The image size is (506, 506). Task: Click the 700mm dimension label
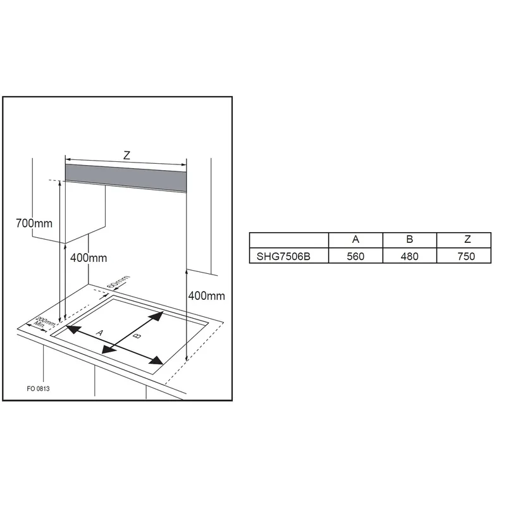click(34, 223)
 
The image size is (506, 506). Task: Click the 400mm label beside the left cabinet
click(89, 258)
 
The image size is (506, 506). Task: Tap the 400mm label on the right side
click(207, 295)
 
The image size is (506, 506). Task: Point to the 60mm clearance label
click(118, 281)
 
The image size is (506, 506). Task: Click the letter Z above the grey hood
click(127, 156)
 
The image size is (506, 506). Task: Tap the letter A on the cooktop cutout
click(100, 333)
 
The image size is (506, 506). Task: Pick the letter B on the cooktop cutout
click(137, 336)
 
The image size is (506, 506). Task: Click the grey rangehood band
click(126, 178)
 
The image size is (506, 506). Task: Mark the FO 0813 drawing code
click(38, 388)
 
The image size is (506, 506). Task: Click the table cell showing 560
click(355, 256)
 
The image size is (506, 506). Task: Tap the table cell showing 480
click(410, 256)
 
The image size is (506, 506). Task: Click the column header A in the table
click(355, 240)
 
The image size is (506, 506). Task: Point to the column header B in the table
click(410, 240)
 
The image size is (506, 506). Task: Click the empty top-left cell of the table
click(289, 240)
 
